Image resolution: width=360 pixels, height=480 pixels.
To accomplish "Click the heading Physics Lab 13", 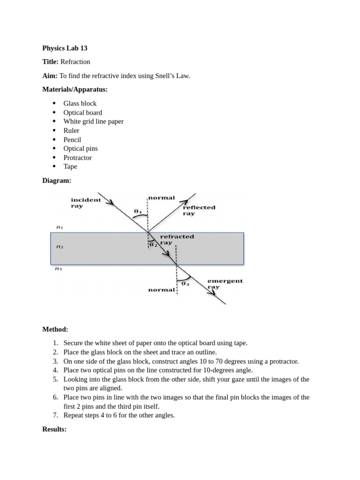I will [65, 48].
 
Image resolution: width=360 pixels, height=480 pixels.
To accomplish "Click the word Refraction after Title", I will [75, 62].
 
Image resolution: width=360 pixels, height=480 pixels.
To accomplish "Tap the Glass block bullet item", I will [80, 104].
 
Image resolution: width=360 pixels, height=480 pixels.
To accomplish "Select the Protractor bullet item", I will [78, 157].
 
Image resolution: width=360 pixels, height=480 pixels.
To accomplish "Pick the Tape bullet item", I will [70, 166].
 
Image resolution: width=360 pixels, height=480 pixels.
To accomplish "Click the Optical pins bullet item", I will [81, 149].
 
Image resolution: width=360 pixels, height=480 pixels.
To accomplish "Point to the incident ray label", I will [86, 203].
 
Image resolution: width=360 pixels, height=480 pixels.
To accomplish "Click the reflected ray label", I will [199, 210].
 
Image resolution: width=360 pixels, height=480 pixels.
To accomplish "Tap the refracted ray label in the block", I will [177, 240].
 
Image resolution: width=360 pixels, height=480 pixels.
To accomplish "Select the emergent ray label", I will [225, 284].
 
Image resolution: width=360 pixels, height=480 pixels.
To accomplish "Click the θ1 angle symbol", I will [138, 211].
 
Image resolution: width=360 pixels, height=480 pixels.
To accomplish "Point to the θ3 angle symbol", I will [185, 283].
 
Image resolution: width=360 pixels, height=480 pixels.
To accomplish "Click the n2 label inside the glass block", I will [60, 247].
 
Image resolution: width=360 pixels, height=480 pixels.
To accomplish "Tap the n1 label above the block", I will [60, 227].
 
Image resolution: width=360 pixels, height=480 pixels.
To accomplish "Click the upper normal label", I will [161, 198].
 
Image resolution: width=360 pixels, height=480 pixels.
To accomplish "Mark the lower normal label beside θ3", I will [161, 290].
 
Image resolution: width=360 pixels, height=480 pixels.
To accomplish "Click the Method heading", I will [55, 330].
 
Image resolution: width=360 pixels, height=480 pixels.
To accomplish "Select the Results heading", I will [54, 429].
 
